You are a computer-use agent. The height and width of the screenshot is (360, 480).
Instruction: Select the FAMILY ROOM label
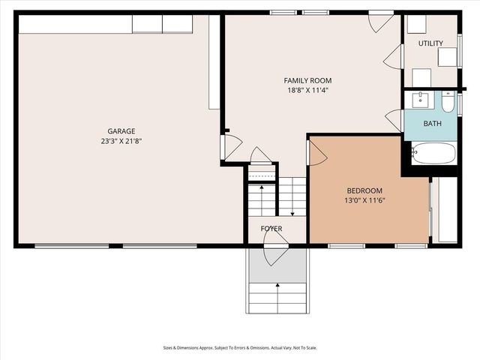click(x=307, y=80)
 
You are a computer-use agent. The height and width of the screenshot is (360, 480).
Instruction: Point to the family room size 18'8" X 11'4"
click(x=307, y=90)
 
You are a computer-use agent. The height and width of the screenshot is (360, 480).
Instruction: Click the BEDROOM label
click(x=364, y=190)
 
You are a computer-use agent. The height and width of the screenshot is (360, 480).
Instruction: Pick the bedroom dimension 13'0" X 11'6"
click(x=364, y=200)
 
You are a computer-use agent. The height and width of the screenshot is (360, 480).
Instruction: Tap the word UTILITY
click(x=430, y=44)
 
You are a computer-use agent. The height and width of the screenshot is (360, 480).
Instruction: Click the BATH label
click(x=432, y=123)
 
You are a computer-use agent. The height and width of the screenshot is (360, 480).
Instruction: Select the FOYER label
click(x=271, y=228)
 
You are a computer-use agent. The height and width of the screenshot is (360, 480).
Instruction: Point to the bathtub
click(x=433, y=154)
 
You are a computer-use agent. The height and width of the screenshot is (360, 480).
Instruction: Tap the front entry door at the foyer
click(x=275, y=247)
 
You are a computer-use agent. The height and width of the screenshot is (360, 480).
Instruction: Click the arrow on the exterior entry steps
click(x=277, y=285)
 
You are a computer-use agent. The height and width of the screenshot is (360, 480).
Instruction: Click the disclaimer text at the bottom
click(x=239, y=347)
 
